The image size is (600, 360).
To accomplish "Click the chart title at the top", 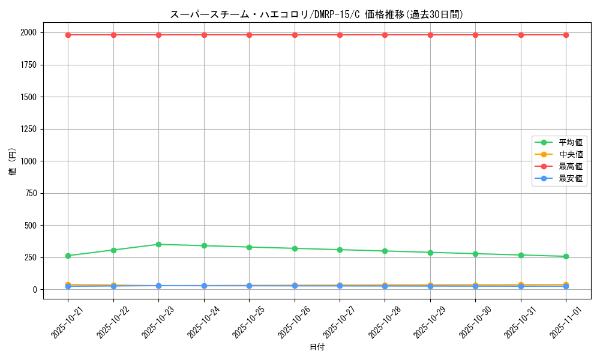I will coord(317,14).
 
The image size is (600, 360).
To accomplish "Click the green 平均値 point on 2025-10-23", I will coord(158,244).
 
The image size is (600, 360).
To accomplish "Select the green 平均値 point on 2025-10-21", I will coord(68,256).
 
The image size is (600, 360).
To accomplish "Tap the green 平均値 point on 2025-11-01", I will coord(566,256).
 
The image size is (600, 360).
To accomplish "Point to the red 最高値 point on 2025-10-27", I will coord(340,35).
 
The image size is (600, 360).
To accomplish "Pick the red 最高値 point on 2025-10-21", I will coord(68,35).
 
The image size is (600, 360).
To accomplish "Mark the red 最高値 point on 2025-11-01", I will coord(566,35).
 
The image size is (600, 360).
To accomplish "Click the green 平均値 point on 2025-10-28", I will coord(385,251).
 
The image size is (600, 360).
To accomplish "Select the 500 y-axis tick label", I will coord(30,226).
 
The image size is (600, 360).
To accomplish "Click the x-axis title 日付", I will coord(317,347).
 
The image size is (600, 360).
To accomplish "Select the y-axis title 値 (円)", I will coord(13,162).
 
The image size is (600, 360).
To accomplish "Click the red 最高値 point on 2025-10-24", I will coord(204,35).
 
